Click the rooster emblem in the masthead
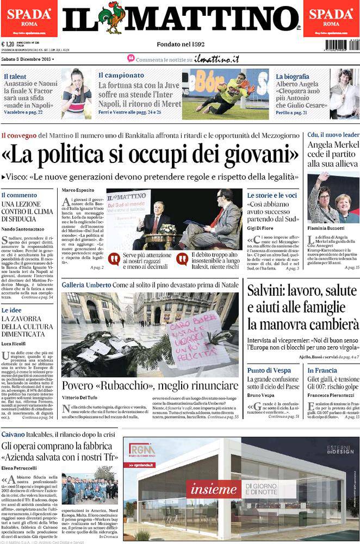tap(115, 18)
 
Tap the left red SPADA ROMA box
tap(29, 18)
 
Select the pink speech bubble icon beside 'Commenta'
tap(131, 58)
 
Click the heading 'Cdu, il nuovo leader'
tap(333, 135)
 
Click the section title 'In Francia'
tap(322, 371)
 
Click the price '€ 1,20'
tap(8, 45)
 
